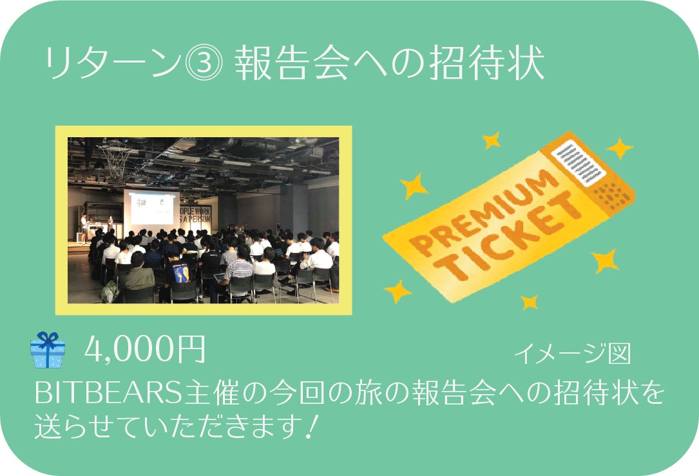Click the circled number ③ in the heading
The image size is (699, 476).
[204, 63]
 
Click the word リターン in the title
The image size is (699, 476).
[113, 63]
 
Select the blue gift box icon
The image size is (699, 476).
[48, 350]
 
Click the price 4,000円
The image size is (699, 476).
[145, 349]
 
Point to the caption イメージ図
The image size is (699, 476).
[573, 354]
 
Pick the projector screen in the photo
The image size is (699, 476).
[151, 207]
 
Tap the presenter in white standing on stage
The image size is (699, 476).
[83, 228]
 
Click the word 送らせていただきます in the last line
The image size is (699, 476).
[166, 426]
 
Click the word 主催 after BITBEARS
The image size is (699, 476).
[207, 393]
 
